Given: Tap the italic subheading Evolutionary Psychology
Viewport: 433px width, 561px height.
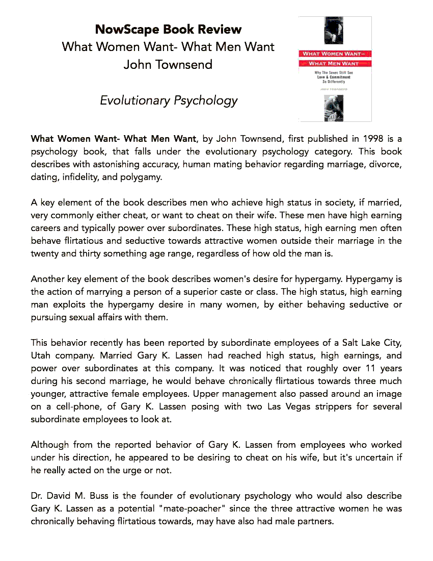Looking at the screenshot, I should pyautogui.click(x=169, y=100).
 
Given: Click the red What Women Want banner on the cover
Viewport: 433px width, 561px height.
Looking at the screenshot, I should pyautogui.click(x=335, y=54).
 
